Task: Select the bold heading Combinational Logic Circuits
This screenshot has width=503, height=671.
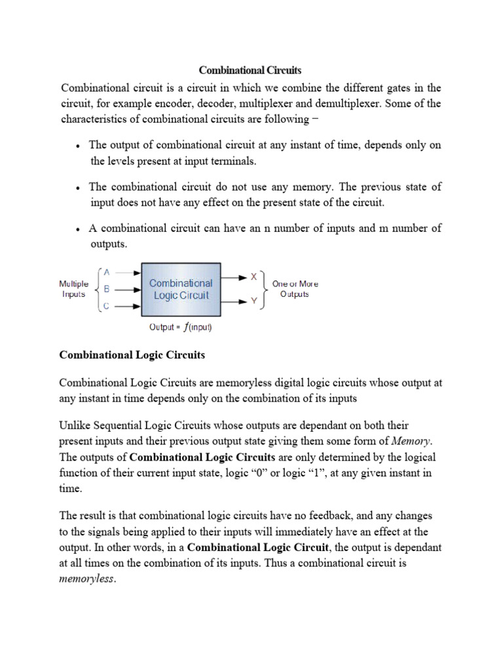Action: (x=132, y=355)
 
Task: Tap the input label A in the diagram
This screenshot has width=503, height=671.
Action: (x=106, y=272)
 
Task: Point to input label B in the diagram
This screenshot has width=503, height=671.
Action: (x=106, y=288)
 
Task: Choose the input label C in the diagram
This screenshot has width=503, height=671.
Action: (x=106, y=306)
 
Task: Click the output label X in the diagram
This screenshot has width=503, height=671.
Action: (x=253, y=277)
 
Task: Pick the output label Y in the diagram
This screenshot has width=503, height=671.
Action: (x=253, y=301)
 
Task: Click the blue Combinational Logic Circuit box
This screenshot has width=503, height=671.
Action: (x=181, y=289)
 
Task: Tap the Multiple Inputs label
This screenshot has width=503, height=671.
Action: (x=73, y=289)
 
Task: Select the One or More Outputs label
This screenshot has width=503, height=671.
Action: (x=295, y=289)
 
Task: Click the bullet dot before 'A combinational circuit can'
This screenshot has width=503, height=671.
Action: (x=78, y=230)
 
